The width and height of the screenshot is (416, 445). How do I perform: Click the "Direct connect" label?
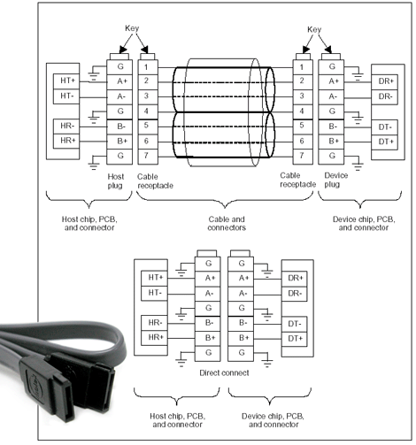click(224, 373)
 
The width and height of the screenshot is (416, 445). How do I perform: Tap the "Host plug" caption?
click(116, 181)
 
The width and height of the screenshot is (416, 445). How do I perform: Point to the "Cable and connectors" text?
click(227, 223)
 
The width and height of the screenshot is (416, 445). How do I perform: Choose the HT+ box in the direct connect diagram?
click(154, 278)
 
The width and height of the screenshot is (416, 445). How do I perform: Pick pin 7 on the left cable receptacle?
click(148, 157)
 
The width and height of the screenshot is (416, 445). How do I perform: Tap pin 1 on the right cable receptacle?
click(303, 67)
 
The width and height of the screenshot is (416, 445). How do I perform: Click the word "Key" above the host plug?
click(132, 28)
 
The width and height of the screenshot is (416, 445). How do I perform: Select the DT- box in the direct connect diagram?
click(294, 324)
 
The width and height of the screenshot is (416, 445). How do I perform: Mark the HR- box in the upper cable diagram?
click(66, 127)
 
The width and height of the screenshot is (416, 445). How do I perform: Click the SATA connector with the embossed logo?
click(47, 388)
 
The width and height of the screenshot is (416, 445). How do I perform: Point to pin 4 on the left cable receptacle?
click(148, 112)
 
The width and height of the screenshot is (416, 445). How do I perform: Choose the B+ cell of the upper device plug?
click(331, 142)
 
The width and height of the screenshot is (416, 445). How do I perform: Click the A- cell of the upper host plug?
click(119, 97)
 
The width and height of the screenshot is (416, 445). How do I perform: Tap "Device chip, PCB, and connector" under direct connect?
click(273, 420)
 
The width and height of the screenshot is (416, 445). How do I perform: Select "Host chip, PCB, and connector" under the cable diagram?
click(89, 223)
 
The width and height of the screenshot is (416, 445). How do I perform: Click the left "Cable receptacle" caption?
click(155, 181)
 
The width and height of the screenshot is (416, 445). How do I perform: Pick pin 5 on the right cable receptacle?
click(303, 127)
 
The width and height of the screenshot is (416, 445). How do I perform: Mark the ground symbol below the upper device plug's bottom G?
click(358, 165)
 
